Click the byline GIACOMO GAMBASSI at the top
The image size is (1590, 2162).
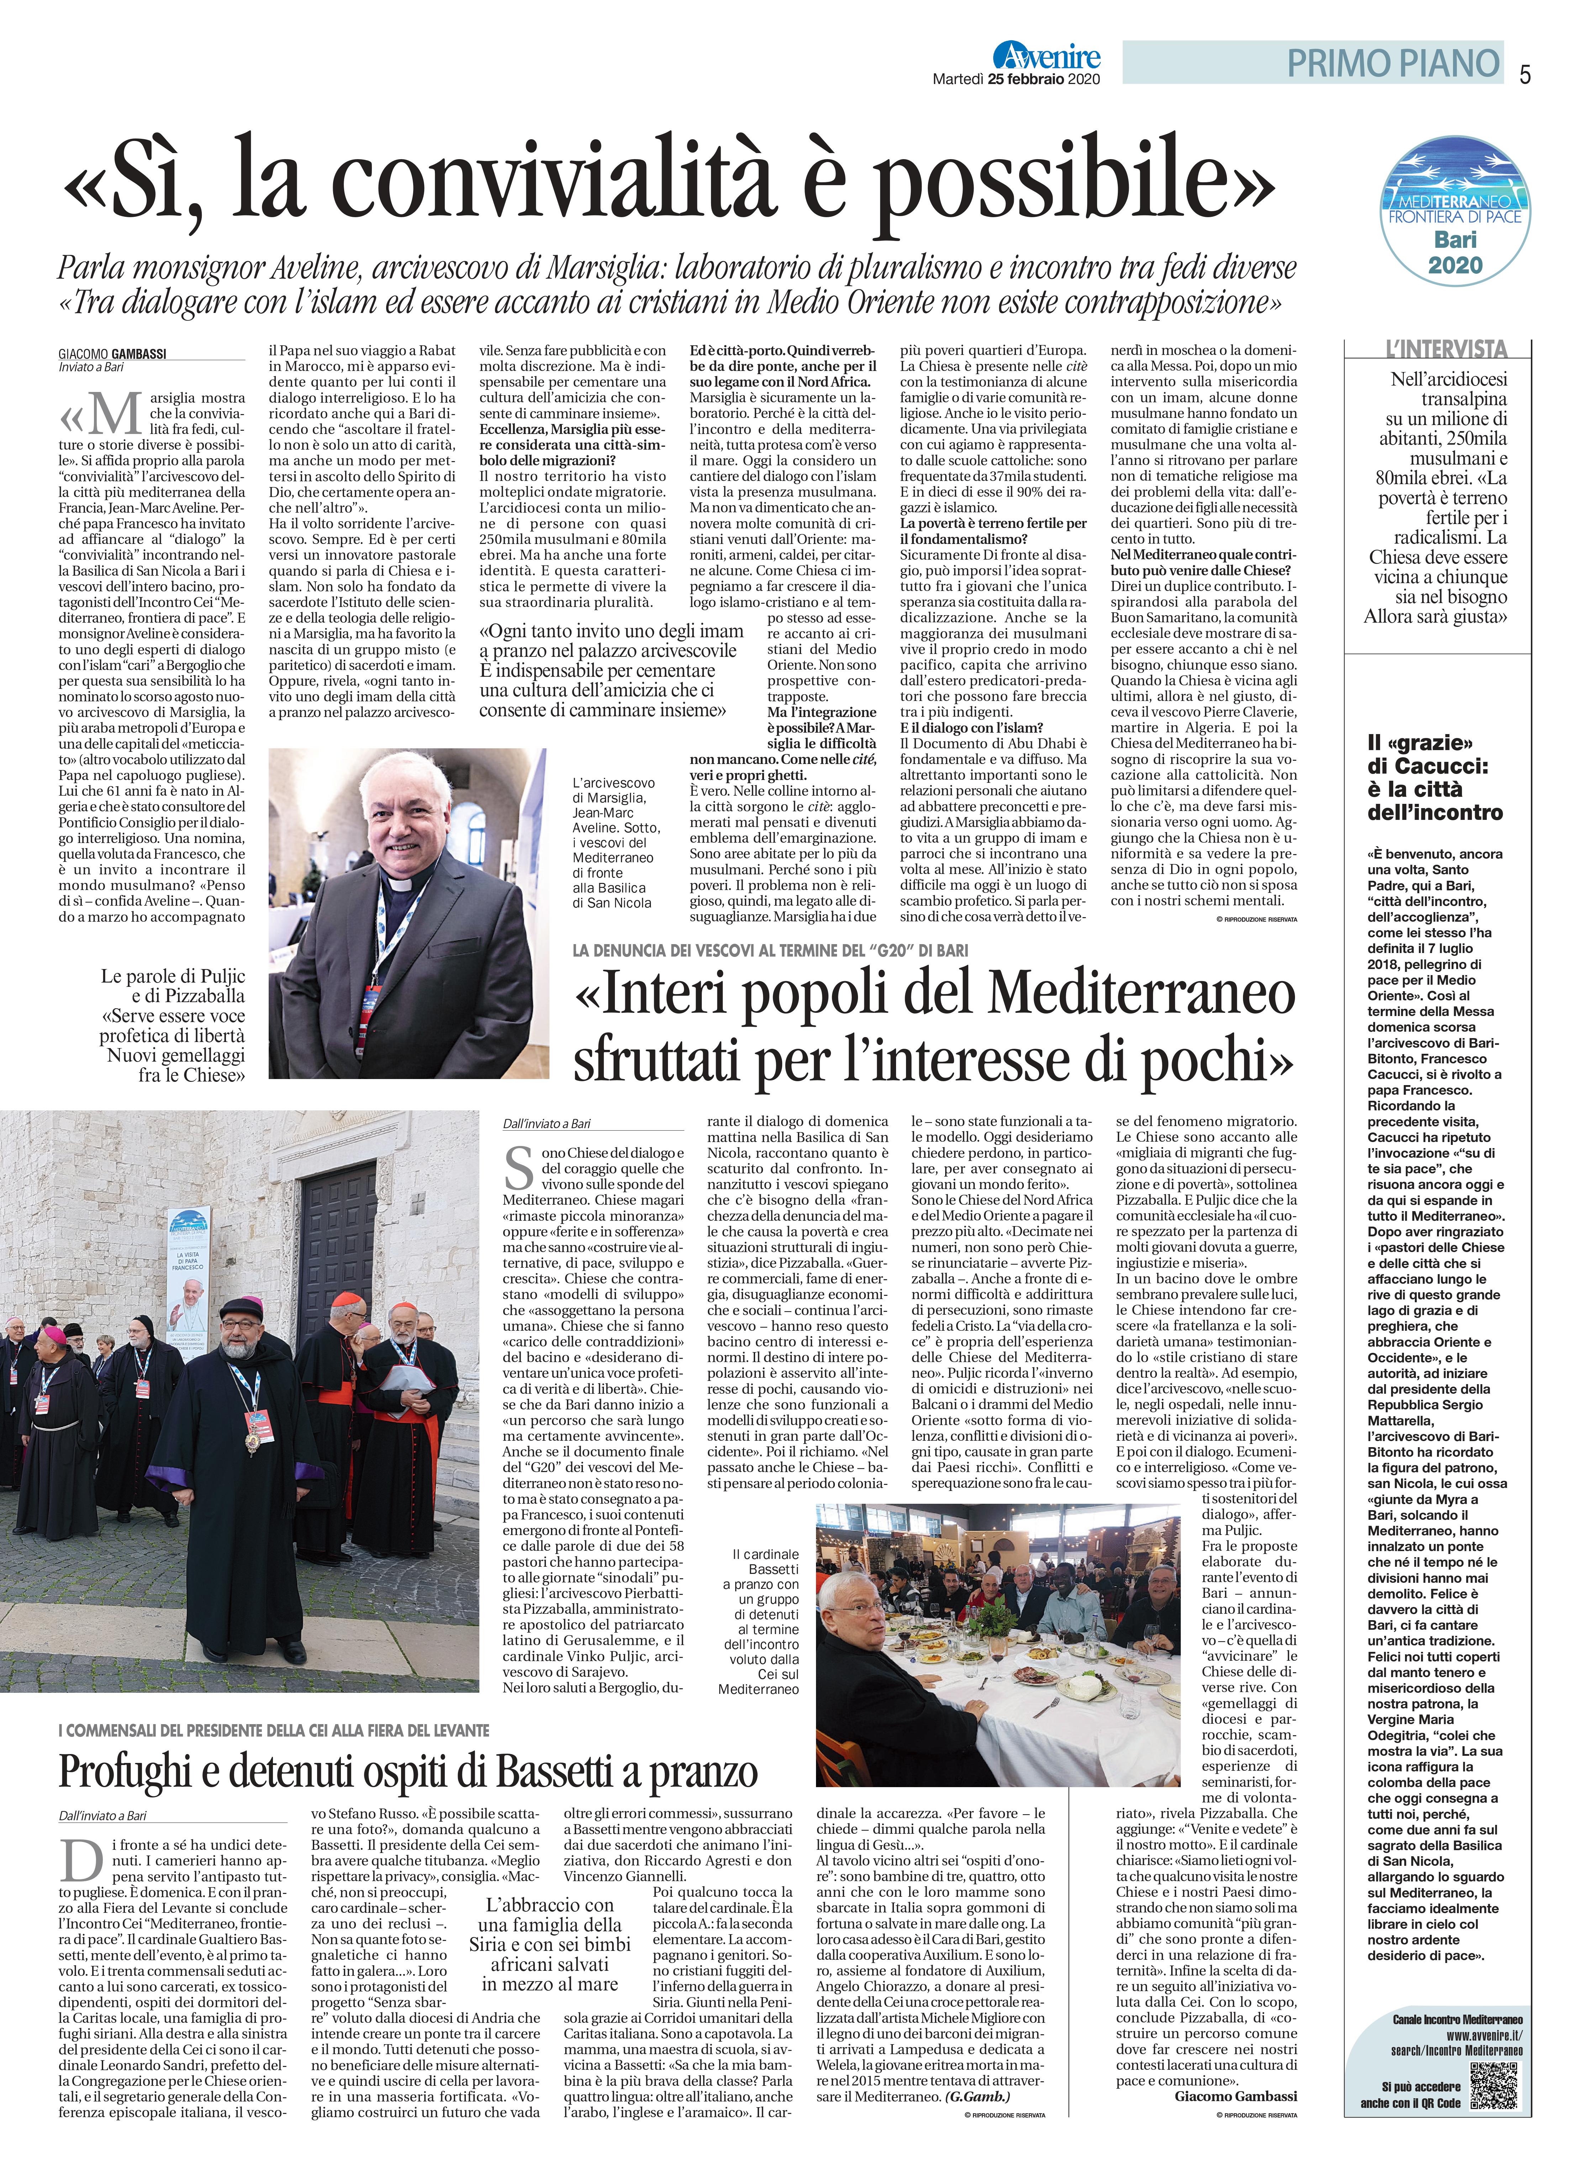[112, 354]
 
